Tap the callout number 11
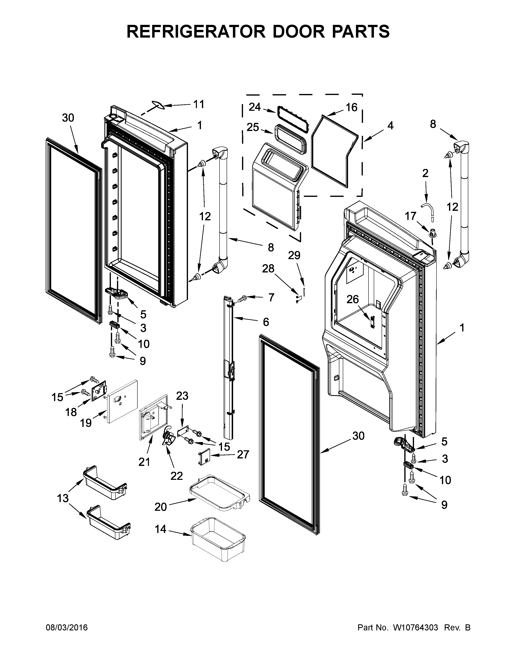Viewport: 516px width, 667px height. pyautogui.click(x=199, y=104)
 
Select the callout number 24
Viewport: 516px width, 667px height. pyautogui.click(x=255, y=107)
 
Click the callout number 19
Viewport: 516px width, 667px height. pyautogui.click(x=86, y=423)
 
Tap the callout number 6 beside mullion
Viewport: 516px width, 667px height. pyautogui.click(x=266, y=322)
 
